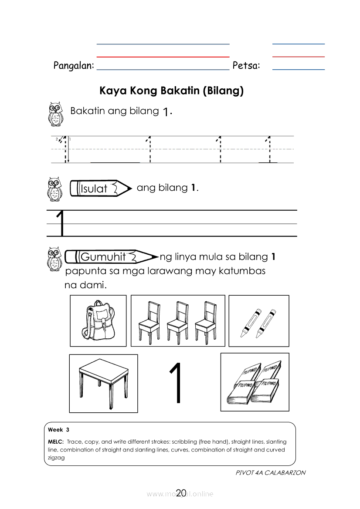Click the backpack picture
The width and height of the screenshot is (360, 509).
click(x=98, y=320)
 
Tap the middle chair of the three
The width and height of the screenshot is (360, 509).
click(x=178, y=320)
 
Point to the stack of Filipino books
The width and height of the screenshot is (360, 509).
click(x=255, y=382)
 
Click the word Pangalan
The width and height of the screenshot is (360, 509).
click(x=74, y=66)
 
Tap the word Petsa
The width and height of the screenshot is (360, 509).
click(x=246, y=66)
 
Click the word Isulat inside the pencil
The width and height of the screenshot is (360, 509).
click(x=94, y=189)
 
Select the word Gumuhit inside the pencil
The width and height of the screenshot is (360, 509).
click(x=103, y=257)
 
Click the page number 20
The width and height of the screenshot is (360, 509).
click(x=181, y=493)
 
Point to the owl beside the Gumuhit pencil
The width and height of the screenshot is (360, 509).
click(x=54, y=260)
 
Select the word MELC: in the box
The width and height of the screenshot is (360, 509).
click(x=56, y=442)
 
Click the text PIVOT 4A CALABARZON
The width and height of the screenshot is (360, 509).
click(x=270, y=472)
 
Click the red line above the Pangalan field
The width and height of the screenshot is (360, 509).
click(x=163, y=57)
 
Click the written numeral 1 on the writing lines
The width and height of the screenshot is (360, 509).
click(x=61, y=223)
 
